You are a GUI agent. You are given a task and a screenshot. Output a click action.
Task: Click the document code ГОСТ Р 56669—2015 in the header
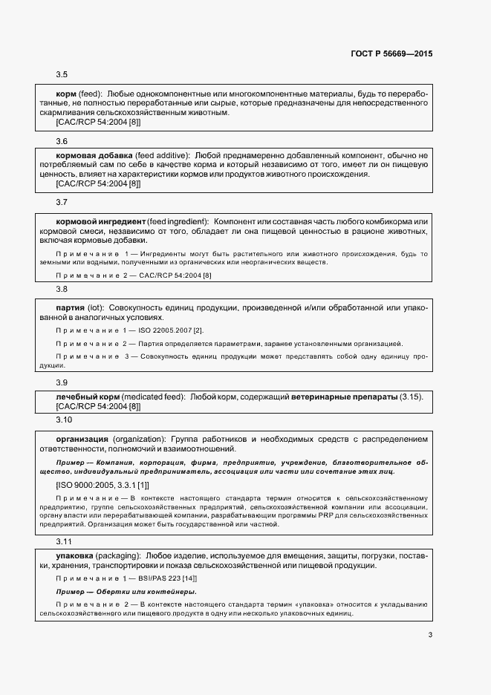coord(391,53)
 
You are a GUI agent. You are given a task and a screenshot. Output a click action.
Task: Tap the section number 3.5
coord(62,75)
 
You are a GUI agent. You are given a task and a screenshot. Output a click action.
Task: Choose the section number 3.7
coord(62,202)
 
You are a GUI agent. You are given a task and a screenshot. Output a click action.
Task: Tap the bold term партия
coord(70,307)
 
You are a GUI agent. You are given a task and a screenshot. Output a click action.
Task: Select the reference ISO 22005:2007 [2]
coord(171,330)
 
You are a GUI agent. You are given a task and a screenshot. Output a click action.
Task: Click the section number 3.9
coord(62,382)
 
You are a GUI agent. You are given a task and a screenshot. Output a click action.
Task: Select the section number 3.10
coord(64,420)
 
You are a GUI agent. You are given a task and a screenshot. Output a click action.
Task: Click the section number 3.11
coord(64,543)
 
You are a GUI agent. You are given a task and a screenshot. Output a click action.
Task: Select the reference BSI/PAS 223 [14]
coord(166,578)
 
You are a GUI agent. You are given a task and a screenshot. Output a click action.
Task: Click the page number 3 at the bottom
coord(430,634)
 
